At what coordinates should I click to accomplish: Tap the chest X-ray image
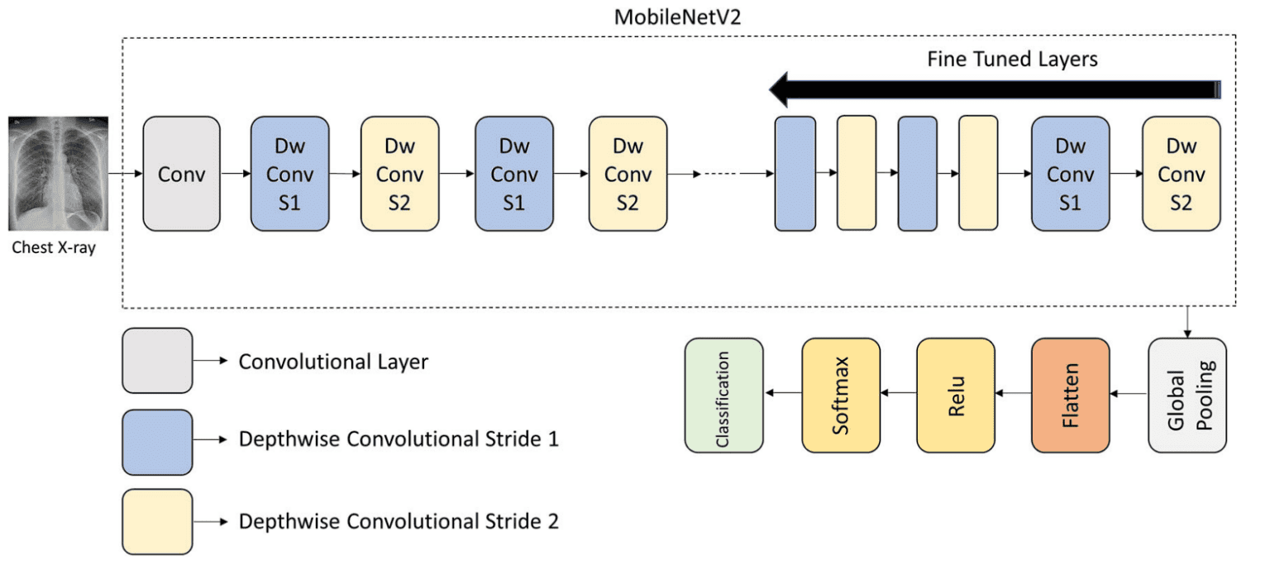54,174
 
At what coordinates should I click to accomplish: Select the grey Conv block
181,174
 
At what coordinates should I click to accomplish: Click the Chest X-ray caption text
54,247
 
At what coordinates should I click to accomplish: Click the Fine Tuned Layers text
1012,60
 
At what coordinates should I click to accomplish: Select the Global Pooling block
1187,395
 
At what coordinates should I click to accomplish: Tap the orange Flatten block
1070,395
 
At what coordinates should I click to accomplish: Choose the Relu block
956,395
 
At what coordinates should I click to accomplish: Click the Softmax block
841,395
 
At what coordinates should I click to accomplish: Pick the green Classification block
723,395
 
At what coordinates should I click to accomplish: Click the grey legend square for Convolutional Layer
157,360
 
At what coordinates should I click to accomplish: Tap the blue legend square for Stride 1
157,440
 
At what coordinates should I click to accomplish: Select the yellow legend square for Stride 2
157,521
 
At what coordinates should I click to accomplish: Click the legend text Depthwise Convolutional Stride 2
399,521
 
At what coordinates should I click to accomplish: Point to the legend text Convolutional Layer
333,362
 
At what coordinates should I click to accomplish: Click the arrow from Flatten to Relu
1013,395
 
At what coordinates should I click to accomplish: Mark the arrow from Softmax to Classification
782,395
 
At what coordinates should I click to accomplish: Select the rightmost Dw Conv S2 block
1181,174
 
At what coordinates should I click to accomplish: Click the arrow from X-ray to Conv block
120,174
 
